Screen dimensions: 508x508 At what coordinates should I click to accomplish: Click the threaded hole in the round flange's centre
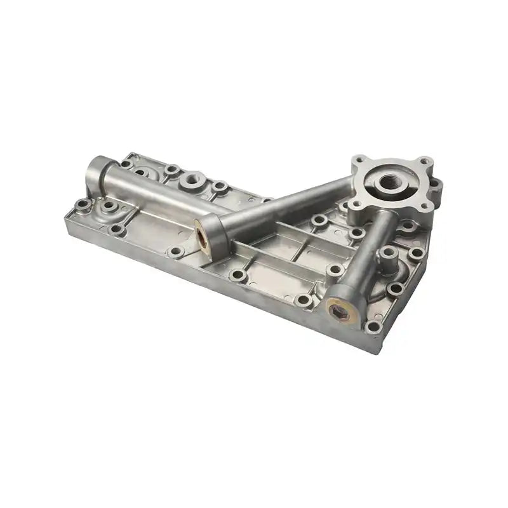pos(389,183)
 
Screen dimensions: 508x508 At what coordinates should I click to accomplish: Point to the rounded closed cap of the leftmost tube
pos(95,169)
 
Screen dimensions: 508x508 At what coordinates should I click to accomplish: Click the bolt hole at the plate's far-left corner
pos(83,204)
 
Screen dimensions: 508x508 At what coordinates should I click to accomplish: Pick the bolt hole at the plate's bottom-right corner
pos(373,327)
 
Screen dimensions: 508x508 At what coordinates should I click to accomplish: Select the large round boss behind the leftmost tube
pos(192,180)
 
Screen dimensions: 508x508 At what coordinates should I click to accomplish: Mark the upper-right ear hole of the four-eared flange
pos(424,163)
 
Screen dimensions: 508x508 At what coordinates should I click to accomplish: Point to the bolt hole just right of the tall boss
pos(417,253)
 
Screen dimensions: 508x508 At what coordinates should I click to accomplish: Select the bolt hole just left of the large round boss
pos(171,170)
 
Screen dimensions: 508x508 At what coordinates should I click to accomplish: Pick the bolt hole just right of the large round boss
pos(220,187)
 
